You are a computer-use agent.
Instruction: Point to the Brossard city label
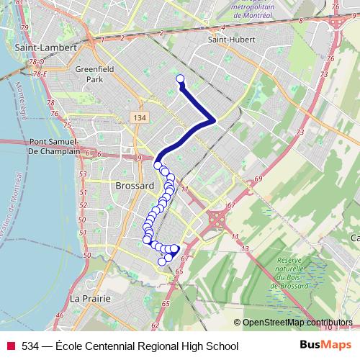[135, 186]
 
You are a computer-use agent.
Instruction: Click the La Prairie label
[90, 298]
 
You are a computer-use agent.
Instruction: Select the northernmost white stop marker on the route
[180, 79]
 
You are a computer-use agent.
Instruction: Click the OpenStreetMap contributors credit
[297, 323]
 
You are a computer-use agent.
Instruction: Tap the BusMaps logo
[320, 346]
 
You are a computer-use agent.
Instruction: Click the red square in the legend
[11, 346]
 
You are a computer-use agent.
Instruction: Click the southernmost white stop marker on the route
[163, 261]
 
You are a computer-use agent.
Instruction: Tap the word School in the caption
[221, 346]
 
